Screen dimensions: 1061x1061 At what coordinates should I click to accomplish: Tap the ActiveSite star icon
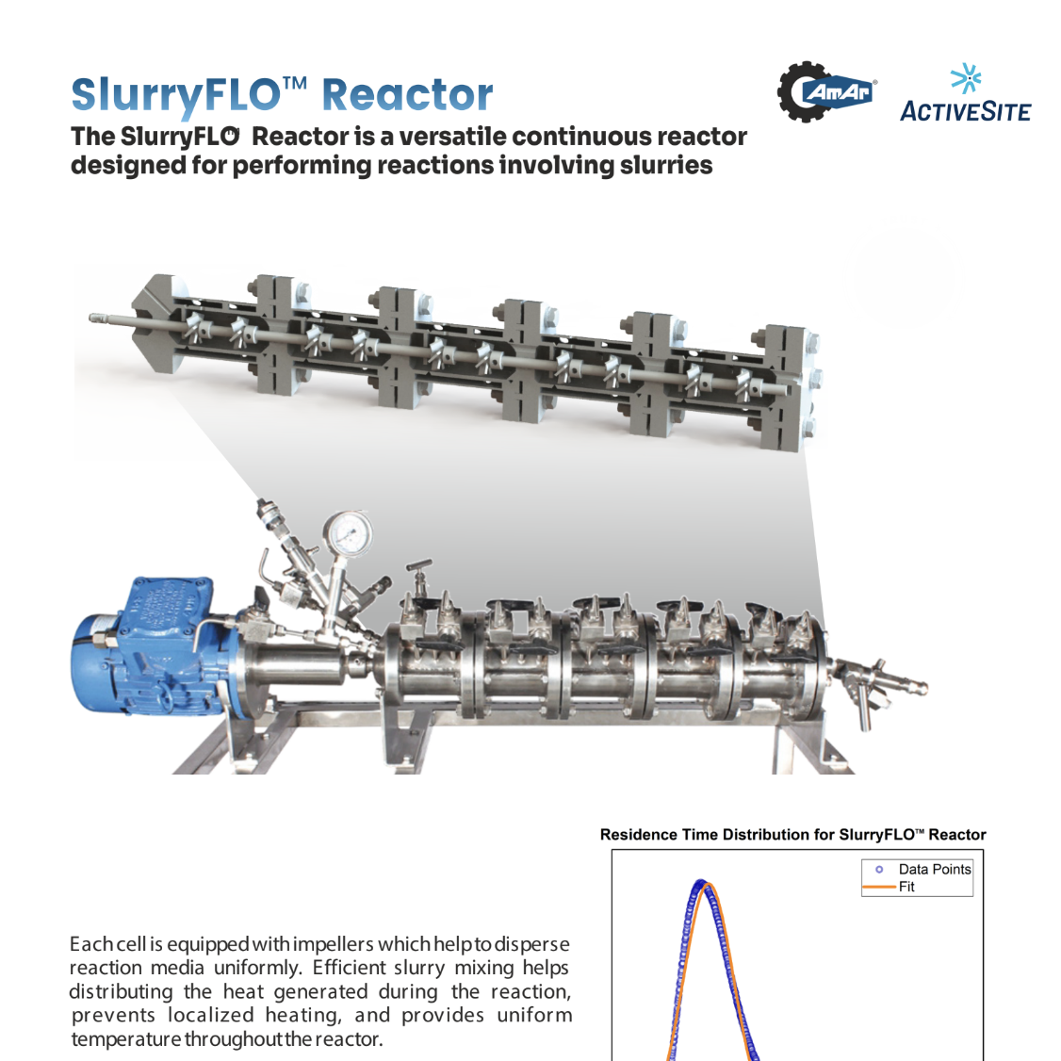965,79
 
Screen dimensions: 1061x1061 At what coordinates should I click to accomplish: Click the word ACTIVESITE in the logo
965,112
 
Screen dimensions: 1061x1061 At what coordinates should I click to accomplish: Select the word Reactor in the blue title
407,95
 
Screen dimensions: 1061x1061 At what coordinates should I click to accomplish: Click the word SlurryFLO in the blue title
175,95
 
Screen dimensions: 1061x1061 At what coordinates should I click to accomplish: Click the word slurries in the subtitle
665,166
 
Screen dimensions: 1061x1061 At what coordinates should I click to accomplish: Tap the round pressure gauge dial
348,533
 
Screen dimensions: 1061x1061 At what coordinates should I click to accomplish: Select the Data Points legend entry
934,870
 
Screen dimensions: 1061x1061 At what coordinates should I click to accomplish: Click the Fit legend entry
906,887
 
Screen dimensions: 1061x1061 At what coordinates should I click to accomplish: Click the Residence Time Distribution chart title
792,835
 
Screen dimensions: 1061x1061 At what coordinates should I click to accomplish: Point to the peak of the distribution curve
701,883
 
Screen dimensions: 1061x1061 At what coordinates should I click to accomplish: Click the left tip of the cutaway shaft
92,318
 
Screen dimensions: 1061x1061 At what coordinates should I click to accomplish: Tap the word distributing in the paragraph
121,991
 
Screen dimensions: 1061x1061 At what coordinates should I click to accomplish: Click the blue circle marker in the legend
879,870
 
